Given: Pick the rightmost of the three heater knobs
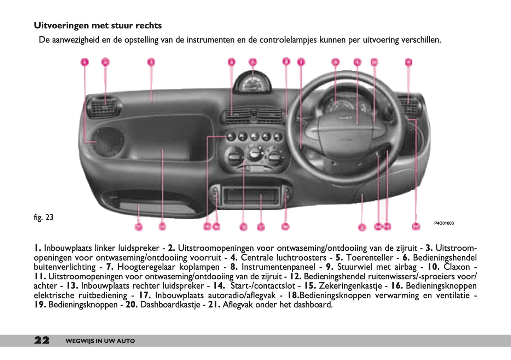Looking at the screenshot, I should click(275, 157).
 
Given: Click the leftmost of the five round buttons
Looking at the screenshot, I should click(231, 137).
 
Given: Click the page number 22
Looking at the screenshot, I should click(42, 341).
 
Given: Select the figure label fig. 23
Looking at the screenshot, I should click(43, 217).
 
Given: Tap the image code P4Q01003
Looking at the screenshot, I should click(444, 223).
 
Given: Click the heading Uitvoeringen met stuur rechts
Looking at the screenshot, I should click(98, 25).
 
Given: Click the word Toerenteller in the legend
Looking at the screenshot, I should click(370, 257).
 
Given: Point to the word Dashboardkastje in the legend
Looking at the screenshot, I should click(170, 304).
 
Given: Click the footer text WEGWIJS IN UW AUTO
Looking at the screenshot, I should click(100, 341).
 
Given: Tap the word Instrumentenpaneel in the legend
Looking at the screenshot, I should click(278, 267).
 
